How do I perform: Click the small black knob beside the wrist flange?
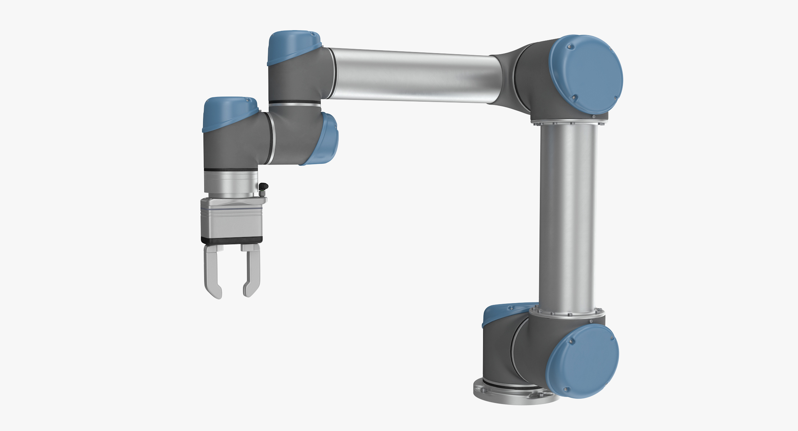tap(265, 187)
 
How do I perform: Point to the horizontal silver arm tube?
tap(413, 75)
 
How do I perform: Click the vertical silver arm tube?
tap(568, 215)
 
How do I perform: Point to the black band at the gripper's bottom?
tap(231, 240)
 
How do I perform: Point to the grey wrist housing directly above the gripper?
tap(230, 151)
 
